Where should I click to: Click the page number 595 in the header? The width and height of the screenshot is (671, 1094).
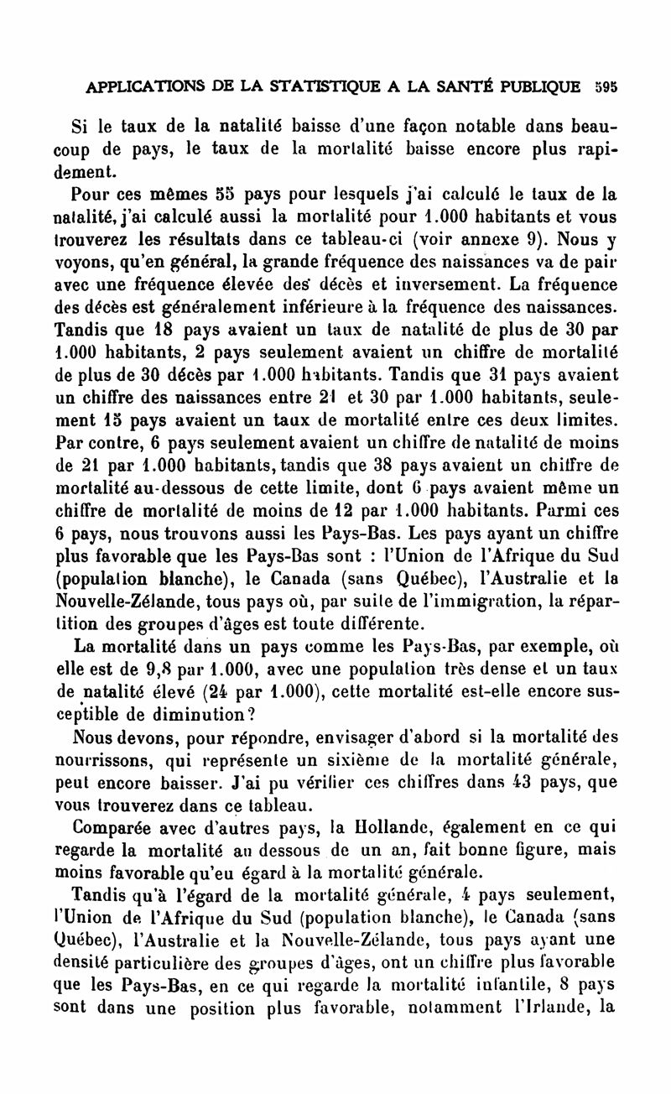[604, 86]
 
